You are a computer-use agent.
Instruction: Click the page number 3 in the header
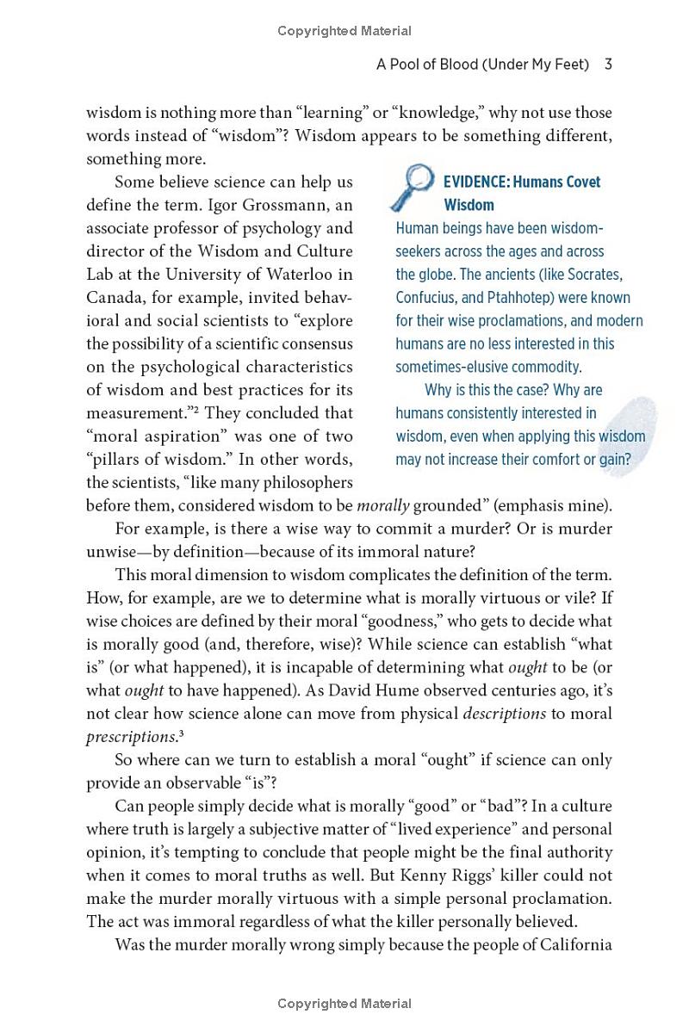click(x=608, y=65)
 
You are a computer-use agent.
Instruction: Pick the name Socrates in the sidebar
click(x=595, y=275)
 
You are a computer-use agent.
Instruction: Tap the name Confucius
click(x=427, y=298)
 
